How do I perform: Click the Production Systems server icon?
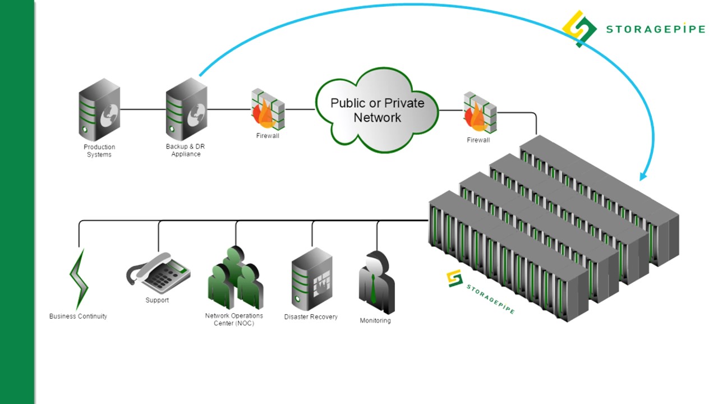pos(99,109)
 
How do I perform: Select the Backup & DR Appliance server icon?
pos(187,109)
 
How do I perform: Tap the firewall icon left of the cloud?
pos(268,109)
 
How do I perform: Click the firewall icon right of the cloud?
pos(480,113)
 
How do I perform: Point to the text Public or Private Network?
pos(378,111)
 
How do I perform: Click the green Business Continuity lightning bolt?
pos(79,279)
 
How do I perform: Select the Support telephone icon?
pos(158,273)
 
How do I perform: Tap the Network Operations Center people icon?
pos(236,278)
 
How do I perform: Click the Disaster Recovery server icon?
pos(312,279)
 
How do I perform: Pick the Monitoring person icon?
pos(376,282)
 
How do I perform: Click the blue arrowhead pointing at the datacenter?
pos(643,176)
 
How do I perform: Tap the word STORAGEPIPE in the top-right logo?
pos(656,29)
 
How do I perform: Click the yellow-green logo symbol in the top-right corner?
pos(579,29)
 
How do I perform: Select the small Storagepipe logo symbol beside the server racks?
pos(455,278)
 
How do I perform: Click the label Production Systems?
pos(99,151)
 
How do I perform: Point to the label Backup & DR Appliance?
pos(186,150)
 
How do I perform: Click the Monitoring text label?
pos(375,320)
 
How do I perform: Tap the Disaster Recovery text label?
pos(311,317)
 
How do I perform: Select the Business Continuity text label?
pos(78,316)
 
